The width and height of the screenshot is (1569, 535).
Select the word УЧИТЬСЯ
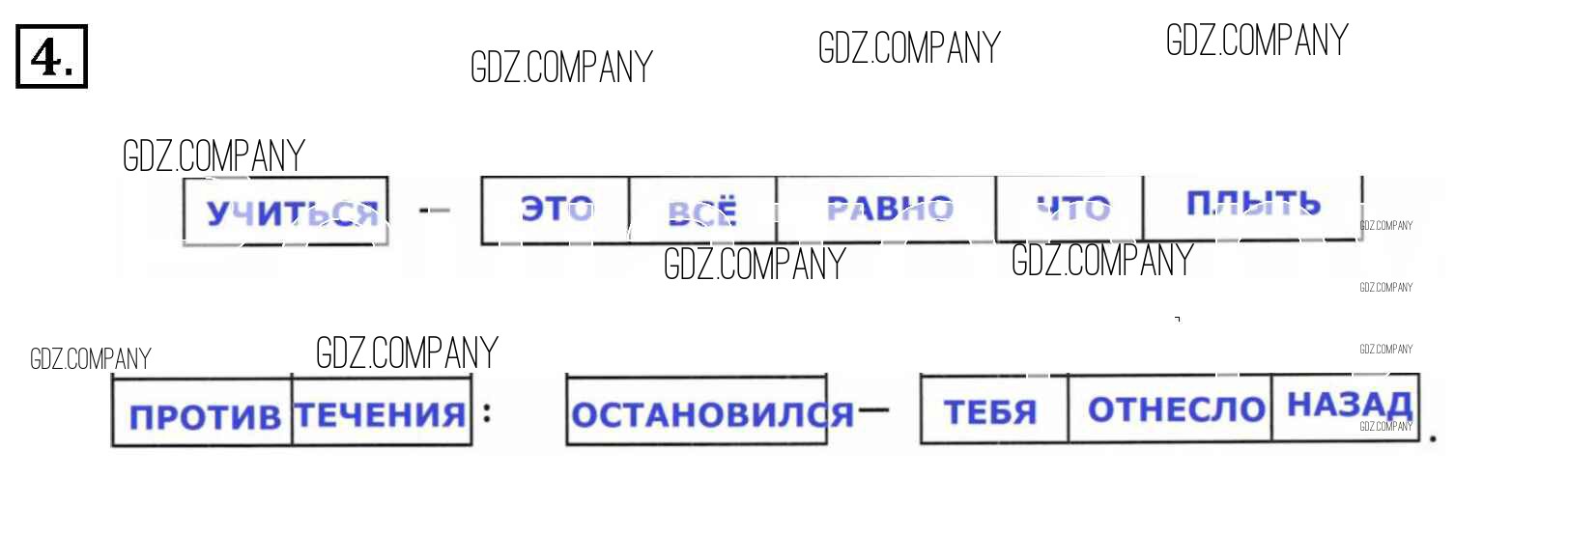292,212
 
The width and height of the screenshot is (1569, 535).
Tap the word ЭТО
556,209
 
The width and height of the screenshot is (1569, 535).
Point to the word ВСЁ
702,212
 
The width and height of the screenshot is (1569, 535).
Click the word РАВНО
890,209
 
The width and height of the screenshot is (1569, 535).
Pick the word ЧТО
1072,208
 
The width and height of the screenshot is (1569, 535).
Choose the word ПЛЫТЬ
1252,204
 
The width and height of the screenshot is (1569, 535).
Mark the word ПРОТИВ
205,417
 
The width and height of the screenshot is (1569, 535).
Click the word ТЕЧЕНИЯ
381,415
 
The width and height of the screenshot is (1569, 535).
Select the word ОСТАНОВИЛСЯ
712,415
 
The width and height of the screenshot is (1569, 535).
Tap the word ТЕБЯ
990,412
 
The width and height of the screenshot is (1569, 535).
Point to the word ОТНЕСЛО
1176,409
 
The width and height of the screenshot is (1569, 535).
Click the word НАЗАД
1350,405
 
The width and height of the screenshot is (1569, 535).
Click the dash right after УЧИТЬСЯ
435,210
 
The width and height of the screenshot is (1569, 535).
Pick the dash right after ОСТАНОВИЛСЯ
872,410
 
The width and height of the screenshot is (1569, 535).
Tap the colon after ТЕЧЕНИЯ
487,412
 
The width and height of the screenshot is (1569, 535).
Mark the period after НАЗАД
1433,438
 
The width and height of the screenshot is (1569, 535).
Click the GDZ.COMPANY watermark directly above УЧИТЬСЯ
214,156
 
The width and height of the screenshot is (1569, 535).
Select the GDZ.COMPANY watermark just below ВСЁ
755,265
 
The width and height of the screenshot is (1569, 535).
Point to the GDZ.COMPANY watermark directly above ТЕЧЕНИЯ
407,353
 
